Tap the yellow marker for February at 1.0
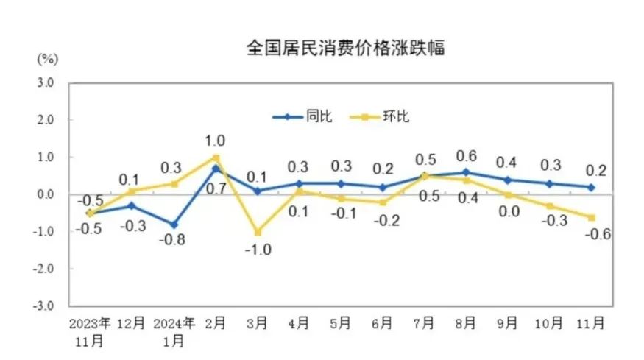(216, 157)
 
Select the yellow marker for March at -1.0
(258, 231)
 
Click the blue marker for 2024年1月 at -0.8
(174, 225)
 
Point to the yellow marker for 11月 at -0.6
(591, 216)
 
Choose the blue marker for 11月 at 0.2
(591, 187)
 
